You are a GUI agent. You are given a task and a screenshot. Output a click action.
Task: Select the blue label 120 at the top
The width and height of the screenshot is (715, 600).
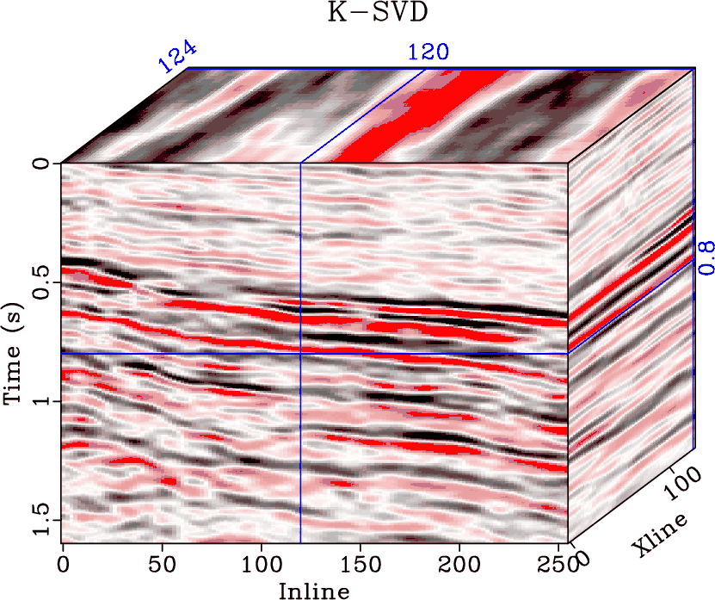pos(428,53)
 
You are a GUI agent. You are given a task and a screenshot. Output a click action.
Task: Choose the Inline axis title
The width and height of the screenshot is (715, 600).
pos(314,591)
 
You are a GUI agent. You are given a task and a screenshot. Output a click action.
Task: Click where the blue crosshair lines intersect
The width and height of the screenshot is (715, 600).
pos(300,354)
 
